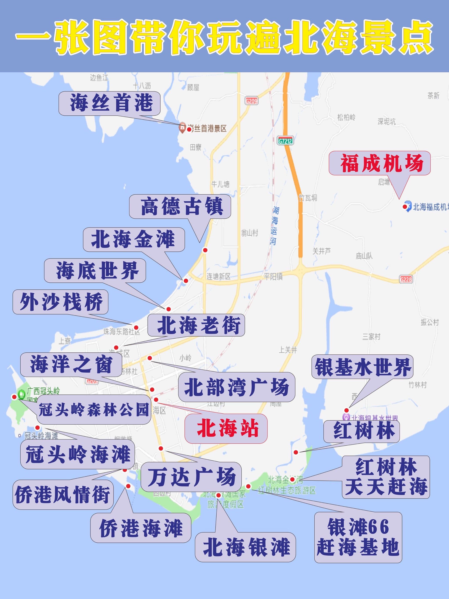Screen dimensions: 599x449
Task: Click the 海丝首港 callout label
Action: click(x=110, y=103)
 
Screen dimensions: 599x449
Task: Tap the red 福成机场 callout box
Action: click(x=380, y=163)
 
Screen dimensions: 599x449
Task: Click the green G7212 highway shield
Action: click(x=285, y=141)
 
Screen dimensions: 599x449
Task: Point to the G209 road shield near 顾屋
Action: click(x=251, y=101)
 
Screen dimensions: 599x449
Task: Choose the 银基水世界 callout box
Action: click(x=362, y=367)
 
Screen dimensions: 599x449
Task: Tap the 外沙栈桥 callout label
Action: click(x=61, y=302)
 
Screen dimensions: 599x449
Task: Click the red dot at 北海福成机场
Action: click(x=405, y=207)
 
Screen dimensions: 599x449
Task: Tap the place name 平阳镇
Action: click(x=273, y=276)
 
